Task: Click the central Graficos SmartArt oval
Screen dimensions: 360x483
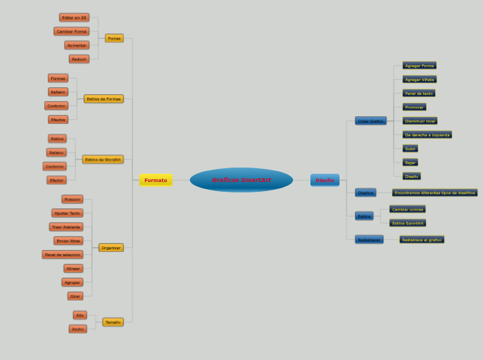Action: [241, 180]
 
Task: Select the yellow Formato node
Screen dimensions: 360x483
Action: [156, 180]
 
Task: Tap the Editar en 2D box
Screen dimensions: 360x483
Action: [74, 17]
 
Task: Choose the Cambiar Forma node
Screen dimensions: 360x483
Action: [71, 31]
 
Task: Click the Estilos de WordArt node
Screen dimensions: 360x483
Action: [103, 159]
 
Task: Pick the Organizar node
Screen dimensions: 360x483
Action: [111, 247]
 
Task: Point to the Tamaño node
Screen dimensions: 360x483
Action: [113, 322]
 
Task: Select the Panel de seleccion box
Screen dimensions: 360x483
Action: [62, 254]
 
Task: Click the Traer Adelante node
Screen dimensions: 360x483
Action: [67, 226]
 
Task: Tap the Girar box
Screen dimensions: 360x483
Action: [76, 296]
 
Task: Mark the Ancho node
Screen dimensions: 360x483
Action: [78, 329]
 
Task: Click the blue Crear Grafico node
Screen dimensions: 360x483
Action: [371, 120]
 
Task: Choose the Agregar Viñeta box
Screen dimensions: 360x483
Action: [419, 80]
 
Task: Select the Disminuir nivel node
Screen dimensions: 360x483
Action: [420, 120]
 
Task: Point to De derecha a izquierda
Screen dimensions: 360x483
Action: [427, 134]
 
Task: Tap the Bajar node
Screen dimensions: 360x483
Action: [410, 162]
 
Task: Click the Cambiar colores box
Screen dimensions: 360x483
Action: [407, 209]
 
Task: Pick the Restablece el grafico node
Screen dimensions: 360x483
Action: [421, 240]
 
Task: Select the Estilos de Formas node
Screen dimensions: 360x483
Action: [104, 99]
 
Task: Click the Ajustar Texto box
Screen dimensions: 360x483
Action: [67, 213]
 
